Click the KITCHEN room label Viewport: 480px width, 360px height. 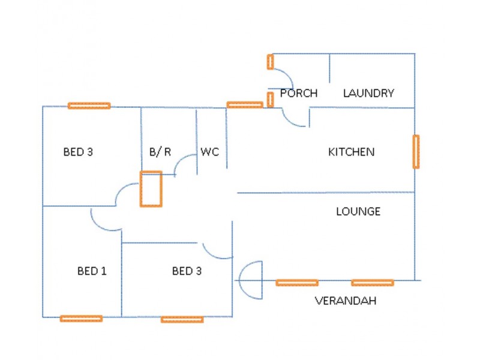point(351,152)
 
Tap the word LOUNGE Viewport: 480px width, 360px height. point(358,211)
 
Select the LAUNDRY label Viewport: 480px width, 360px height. point(368,93)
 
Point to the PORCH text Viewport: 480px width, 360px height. point(298,93)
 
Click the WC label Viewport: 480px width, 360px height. point(209,152)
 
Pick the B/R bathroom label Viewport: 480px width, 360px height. point(160,152)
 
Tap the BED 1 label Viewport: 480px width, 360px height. point(92,271)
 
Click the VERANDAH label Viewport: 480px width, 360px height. point(346,301)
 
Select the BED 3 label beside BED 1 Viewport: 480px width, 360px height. point(187,271)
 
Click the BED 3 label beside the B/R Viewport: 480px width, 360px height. point(78,152)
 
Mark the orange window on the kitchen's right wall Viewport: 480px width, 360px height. point(416,152)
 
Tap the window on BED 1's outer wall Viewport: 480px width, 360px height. point(81,319)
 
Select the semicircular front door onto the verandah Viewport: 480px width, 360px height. point(239,280)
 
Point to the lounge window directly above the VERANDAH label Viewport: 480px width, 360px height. point(373,283)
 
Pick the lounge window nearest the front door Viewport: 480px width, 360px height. point(297,283)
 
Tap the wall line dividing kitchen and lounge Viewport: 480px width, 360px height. point(326,193)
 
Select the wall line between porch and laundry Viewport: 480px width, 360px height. point(329,68)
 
